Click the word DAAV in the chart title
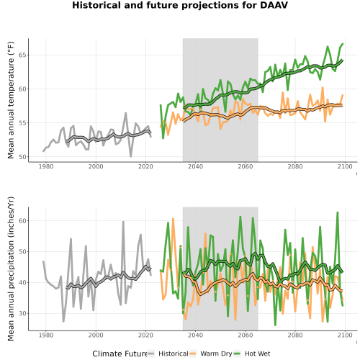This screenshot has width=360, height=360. point(274,5)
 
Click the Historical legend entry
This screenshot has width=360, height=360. point(168,354)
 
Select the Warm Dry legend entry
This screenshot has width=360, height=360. point(211,354)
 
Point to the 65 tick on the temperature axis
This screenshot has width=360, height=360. point(22,55)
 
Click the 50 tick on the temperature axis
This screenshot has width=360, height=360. point(22,157)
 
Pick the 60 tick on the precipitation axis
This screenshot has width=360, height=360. point(22,221)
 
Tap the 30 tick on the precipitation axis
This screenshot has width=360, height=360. point(22,313)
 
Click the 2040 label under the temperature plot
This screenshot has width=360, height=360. point(195,166)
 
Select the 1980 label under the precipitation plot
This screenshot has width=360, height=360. point(46,335)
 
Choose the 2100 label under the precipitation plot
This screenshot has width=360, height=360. point(345,335)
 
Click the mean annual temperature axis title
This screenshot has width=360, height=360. point(11,100)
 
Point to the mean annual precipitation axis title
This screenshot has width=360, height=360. point(11,269)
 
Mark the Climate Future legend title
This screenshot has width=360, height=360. point(120,354)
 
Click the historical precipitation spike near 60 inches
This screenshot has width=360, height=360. point(123,222)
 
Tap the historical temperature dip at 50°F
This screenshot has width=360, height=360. point(131,156)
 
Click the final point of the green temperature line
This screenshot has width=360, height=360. point(343,44)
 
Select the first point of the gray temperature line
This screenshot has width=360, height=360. point(43,151)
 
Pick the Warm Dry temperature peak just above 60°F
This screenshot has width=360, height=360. point(323,88)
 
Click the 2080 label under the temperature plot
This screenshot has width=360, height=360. point(295,166)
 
